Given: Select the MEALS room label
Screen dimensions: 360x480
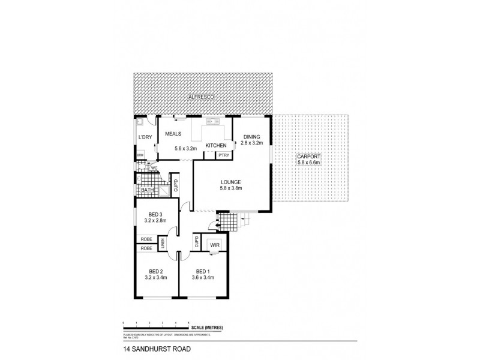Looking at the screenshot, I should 173,136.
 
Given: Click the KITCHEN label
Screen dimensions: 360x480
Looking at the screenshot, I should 216,146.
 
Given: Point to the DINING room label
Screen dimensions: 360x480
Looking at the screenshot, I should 251,136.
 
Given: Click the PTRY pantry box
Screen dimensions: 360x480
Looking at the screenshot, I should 224,155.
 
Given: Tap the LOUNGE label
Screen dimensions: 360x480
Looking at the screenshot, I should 230,182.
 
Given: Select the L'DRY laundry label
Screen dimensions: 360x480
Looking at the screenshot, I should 145,138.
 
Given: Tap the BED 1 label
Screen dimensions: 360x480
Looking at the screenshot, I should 203,271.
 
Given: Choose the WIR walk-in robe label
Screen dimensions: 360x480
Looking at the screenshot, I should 214,245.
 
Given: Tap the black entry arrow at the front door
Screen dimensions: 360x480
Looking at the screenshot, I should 209,226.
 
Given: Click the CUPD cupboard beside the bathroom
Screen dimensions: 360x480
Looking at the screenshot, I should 176,184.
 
